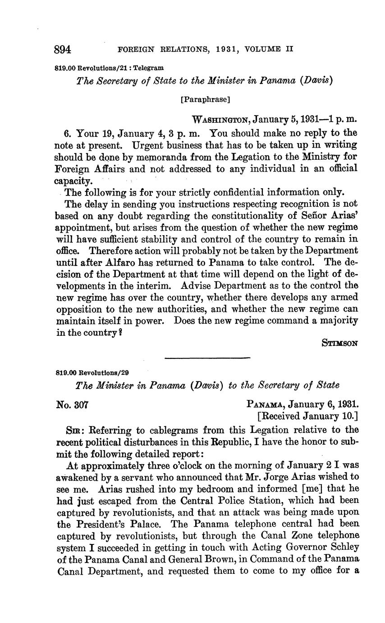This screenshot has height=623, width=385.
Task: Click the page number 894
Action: (64, 49)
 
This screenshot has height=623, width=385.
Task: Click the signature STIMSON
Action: (340, 343)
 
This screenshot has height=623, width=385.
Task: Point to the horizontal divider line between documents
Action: (207, 358)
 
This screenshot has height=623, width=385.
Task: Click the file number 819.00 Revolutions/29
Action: (92, 373)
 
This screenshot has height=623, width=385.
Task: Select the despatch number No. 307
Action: (72, 405)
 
